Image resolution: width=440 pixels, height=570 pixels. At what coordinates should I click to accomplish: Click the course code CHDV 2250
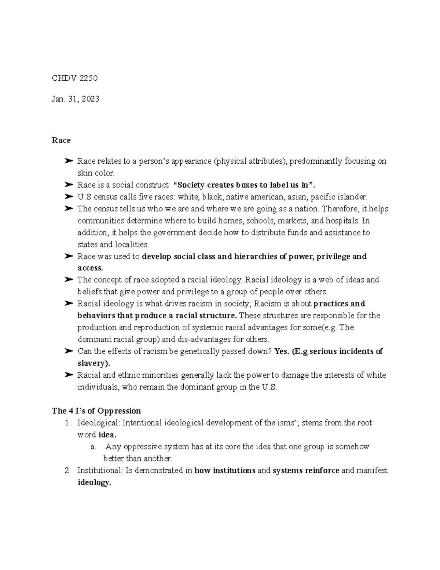74,78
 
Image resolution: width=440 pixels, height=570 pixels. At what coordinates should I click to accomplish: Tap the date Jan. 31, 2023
75,99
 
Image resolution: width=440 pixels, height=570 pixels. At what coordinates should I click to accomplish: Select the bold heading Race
61,141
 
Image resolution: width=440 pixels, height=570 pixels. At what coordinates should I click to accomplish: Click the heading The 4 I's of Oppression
96,411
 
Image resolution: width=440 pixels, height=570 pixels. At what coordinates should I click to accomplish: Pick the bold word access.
90,268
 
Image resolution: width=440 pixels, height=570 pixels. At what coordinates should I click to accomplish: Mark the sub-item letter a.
93,447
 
